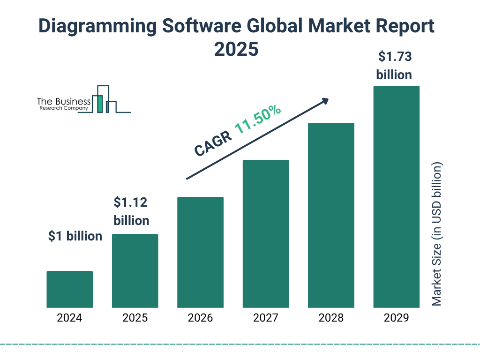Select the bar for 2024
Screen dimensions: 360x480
[69, 289]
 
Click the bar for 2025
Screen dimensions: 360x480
[135, 271]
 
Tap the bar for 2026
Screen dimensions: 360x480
[200, 252]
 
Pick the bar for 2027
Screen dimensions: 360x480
[265, 234]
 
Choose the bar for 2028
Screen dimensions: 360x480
[331, 215]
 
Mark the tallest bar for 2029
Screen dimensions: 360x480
[396, 197]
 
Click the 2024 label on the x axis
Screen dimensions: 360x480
[69, 318]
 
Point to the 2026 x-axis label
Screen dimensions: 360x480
[200, 318]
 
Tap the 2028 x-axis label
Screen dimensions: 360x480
[331, 318]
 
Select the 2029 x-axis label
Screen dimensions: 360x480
[396, 318]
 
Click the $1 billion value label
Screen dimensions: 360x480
[75, 236]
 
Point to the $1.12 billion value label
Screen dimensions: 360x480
[131, 211]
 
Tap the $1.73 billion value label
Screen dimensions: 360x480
[394, 66]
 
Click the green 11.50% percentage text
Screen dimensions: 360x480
[258, 120]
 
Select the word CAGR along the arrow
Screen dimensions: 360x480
[212, 143]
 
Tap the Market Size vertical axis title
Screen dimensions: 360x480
[437, 234]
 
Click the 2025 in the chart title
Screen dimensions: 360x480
[236, 49]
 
